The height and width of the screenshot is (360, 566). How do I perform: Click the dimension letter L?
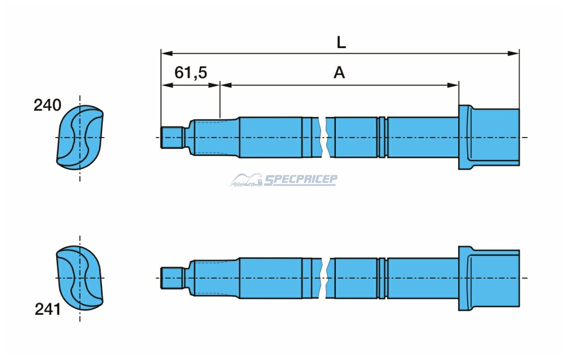click(341, 42)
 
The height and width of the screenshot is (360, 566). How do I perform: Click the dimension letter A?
click(339, 72)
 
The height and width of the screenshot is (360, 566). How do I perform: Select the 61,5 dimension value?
click(191, 73)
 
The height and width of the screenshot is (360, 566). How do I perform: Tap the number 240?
click(48, 105)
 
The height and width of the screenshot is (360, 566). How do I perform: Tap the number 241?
click(48, 309)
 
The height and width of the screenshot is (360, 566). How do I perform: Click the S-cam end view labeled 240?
click(80, 138)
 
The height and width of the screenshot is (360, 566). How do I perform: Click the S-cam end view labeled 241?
click(80, 278)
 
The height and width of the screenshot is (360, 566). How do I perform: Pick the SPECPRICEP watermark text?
click(301, 180)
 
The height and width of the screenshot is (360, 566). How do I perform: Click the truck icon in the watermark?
click(246, 180)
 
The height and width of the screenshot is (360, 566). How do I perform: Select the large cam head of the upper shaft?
click(489, 137)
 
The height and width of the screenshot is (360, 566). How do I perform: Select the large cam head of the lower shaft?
click(489, 278)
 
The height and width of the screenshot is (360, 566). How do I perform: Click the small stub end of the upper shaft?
click(172, 138)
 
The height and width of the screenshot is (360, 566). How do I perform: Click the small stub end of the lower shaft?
click(172, 278)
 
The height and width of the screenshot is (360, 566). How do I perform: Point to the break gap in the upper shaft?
click(323, 138)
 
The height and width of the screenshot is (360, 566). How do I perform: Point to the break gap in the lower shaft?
click(323, 278)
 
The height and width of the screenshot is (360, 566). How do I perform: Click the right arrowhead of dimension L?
click(513, 53)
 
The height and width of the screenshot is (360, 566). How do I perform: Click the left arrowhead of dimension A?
click(226, 85)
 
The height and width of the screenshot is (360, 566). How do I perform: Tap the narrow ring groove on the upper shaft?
click(382, 138)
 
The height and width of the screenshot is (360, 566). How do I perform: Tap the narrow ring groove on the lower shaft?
click(382, 278)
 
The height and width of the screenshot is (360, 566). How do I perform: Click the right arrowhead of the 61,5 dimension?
click(214, 85)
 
